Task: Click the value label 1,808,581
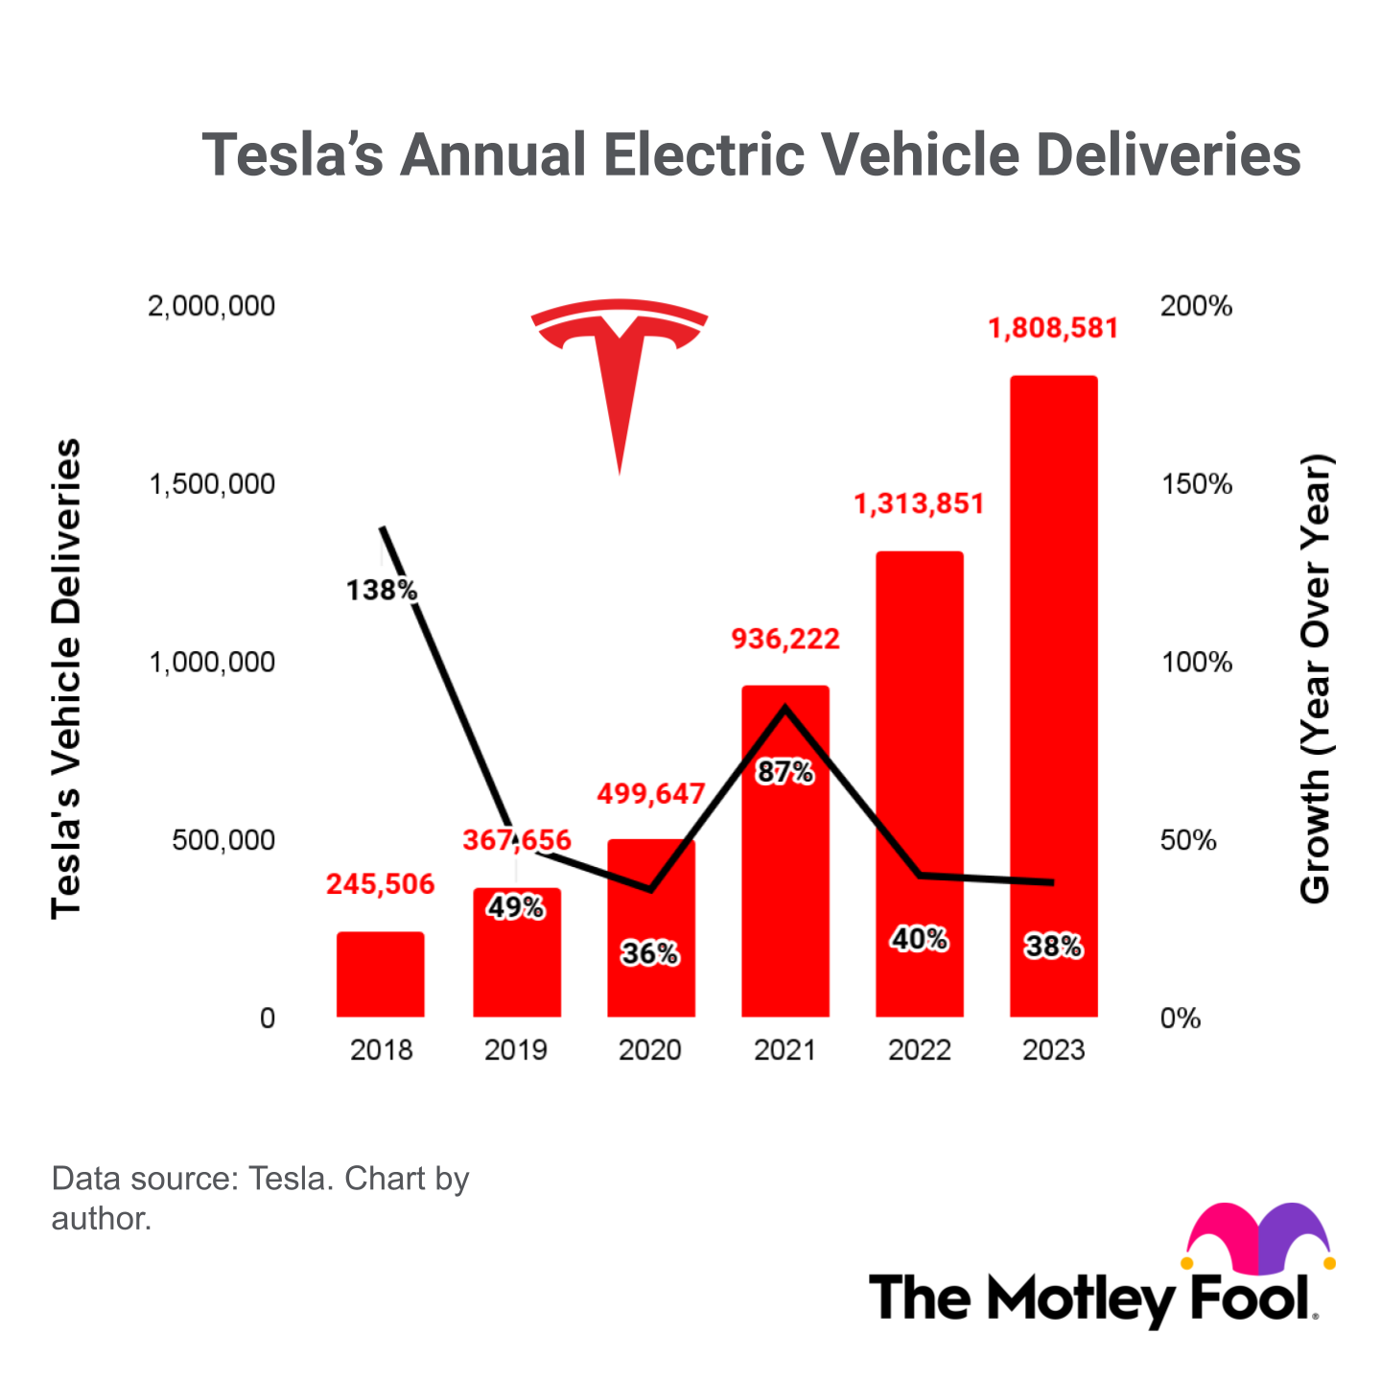tap(1053, 329)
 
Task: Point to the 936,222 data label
tap(785, 639)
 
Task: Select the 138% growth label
tap(382, 590)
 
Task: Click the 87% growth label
tap(785, 772)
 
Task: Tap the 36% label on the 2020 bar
tap(650, 953)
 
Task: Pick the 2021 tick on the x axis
tap(785, 1050)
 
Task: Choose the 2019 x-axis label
tap(516, 1050)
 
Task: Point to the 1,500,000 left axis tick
tap(212, 484)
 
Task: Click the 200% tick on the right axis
tap(1196, 307)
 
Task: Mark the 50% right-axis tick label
tap(1188, 840)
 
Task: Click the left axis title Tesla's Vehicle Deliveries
tap(66, 679)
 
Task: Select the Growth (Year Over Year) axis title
tap(1315, 679)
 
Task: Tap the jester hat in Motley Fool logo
tap(1259, 1237)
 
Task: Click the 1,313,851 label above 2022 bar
tap(919, 504)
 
